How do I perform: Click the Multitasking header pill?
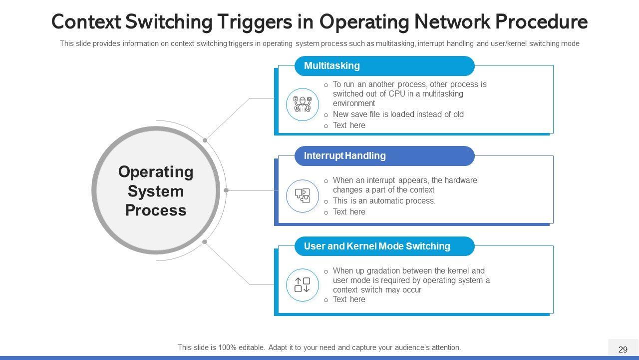(x=384, y=65)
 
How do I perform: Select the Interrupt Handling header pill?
(x=384, y=156)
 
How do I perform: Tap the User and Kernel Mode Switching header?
(x=384, y=246)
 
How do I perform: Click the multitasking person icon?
(x=303, y=104)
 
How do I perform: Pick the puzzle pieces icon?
(x=303, y=195)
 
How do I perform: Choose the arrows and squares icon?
(x=303, y=285)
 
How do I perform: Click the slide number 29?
(x=623, y=349)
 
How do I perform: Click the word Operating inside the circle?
(x=156, y=172)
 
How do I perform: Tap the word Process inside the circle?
(x=156, y=210)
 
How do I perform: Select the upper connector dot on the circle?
(x=205, y=140)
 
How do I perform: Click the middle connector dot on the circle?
(x=226, y=190)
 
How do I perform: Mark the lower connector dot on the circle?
(x=205, y=241)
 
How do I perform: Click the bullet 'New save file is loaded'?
(x=398, y=114)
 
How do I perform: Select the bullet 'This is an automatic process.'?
(x=384, y=201)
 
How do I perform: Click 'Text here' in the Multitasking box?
(x=349, y=125)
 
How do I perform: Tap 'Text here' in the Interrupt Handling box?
(x=349, y=211)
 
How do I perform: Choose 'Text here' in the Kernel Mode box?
(x=349, y=299)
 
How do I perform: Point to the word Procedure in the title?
(x=541, y=22)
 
